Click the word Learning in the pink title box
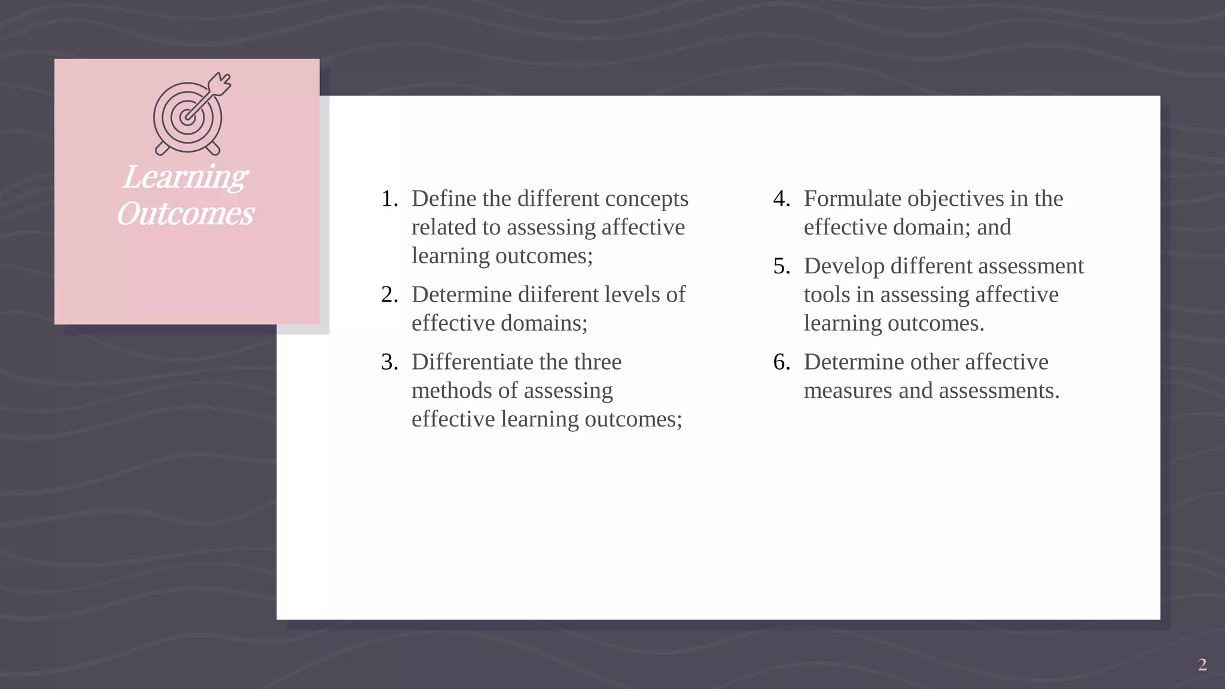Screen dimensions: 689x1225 coord(185,177)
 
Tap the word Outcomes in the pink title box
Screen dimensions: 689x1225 coord(185,214)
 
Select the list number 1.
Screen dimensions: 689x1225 coord(389,199)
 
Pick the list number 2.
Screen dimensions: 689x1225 coord(389,295)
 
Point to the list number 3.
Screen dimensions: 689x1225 coord(389,362)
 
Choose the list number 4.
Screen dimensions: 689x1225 coord(781,199)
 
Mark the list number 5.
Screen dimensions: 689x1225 coord(781,266)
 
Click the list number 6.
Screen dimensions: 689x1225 coord(781,362)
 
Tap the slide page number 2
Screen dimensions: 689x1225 coord(1202,664)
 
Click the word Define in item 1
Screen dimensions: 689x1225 coord(443,199)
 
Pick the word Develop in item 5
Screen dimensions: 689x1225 coord(843,266)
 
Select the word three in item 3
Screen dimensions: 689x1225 coord(598,362)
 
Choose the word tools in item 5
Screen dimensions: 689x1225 coord(822,295)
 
